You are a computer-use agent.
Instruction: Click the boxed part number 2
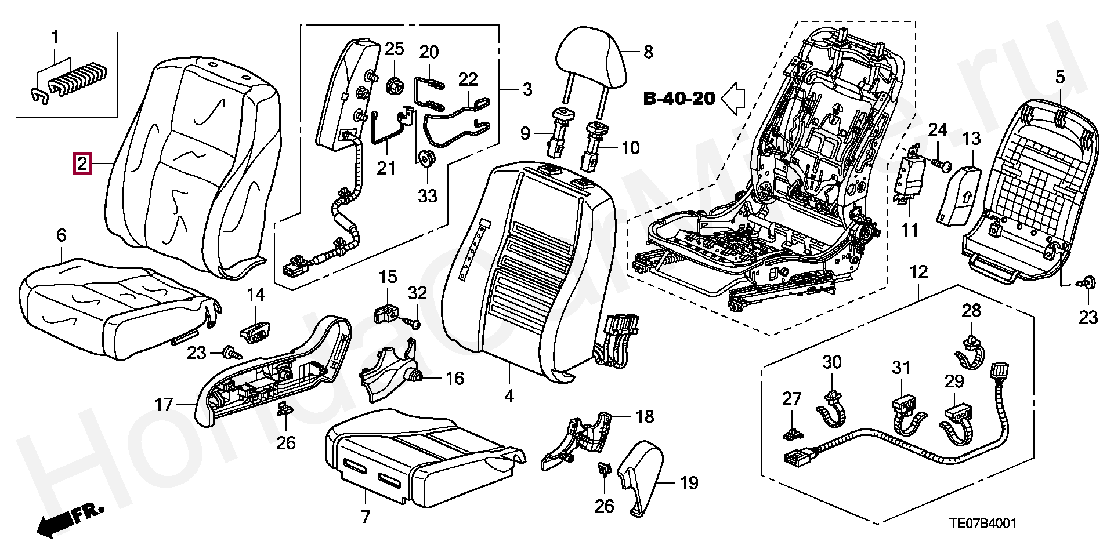(x=82, y=163)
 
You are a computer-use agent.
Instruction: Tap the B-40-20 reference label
(x=679, y=99)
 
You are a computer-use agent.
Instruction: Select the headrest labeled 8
(x=591, y=57)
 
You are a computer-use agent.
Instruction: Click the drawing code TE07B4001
(x=982, y=524)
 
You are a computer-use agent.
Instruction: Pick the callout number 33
(x=427, y=195)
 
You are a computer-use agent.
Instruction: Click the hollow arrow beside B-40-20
(x=733, y=98)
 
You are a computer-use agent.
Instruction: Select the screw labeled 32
(x=414, y=321)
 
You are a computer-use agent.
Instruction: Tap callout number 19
(x=689, y=482)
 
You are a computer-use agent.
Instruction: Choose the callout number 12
(x=918, y=272)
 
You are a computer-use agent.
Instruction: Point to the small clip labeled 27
(x=791, y=432)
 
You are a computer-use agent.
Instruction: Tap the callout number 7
(x=365, y=516)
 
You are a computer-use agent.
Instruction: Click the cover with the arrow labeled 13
(x=959, y=194)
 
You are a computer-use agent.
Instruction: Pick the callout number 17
(x=164, y=404)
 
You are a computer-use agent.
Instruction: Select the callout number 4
(x=509, y=396)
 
